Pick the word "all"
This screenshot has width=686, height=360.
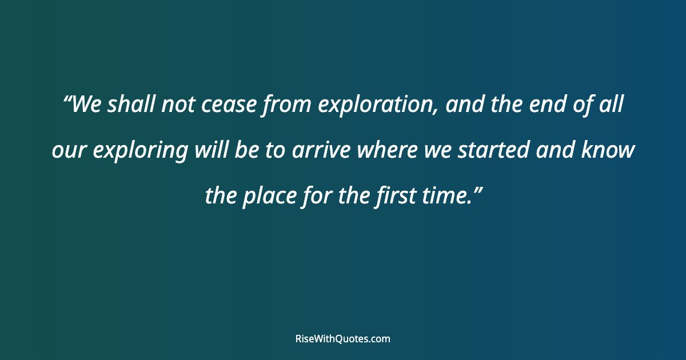click(611, 105)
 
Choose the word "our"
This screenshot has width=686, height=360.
click(69, 151)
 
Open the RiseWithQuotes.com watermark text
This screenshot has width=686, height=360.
click(343, 339)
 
